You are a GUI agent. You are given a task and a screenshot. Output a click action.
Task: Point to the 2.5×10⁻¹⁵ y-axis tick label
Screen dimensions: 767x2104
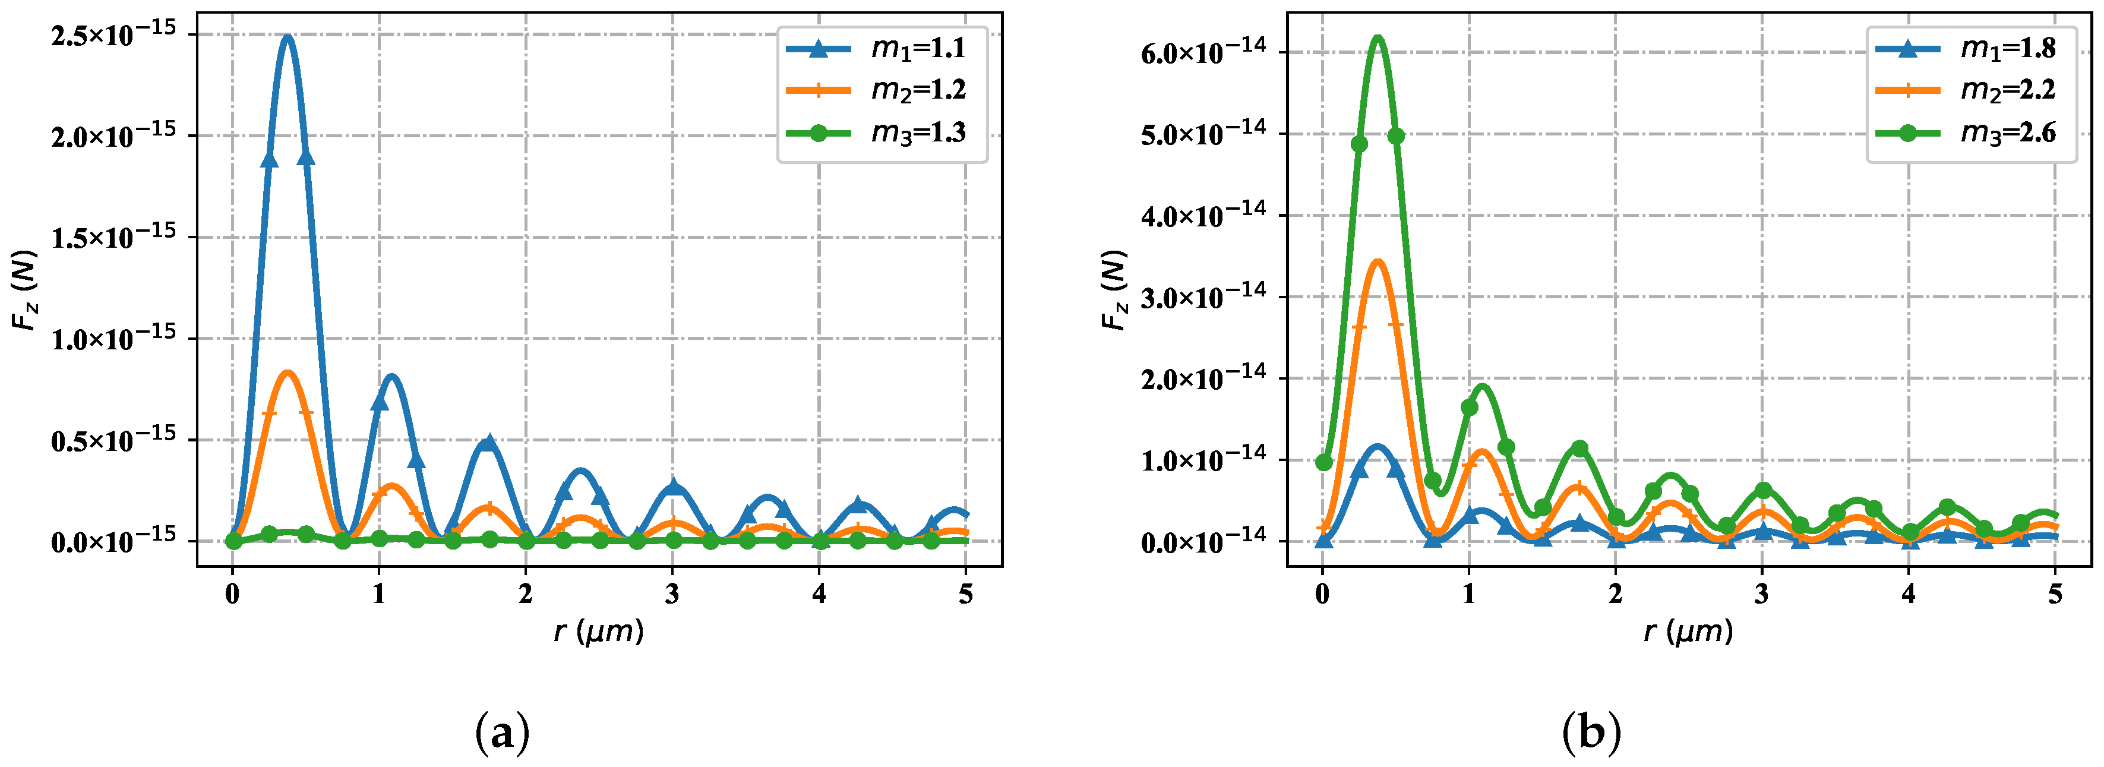point(113,35)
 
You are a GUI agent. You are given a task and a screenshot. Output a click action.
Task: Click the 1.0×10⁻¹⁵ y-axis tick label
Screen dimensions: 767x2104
point(113,338)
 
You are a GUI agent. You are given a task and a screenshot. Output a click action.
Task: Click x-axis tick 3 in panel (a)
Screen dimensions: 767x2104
point(672,594)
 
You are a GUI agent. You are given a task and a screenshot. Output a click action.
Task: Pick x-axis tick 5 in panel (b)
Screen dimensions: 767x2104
point(2055,594)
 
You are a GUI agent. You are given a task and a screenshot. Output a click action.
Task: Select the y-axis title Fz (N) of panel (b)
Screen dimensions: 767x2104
point(1115,290)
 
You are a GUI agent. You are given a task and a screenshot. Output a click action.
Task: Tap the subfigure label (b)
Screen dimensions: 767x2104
point(1591,732)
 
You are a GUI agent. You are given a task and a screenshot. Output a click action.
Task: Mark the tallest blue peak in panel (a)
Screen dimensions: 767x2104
point(287,37)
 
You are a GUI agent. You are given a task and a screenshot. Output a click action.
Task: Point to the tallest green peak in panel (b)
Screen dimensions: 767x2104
point(1378,37)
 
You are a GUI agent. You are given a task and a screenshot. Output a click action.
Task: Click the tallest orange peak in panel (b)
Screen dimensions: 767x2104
point(1378,262)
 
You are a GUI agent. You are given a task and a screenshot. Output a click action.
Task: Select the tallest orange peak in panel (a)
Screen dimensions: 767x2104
point(288,373)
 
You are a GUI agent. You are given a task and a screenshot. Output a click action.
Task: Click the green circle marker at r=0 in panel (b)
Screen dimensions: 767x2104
point(1324,462)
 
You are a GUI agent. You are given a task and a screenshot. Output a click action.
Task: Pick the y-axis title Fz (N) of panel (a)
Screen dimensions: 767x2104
point(26,290)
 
